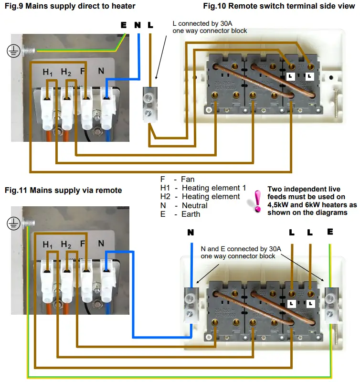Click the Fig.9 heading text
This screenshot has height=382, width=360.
(70, 6)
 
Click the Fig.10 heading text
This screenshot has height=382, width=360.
(279, 6)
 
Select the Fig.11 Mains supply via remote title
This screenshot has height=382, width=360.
(63, 190)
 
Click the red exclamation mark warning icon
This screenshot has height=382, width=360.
(257, 201)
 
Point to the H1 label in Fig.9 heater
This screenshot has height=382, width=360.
(48, 72)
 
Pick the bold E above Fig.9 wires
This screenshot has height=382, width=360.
(124, 25)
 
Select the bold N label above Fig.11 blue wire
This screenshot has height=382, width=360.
(191, 233)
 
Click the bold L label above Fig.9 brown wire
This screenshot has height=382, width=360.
(150, 25)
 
